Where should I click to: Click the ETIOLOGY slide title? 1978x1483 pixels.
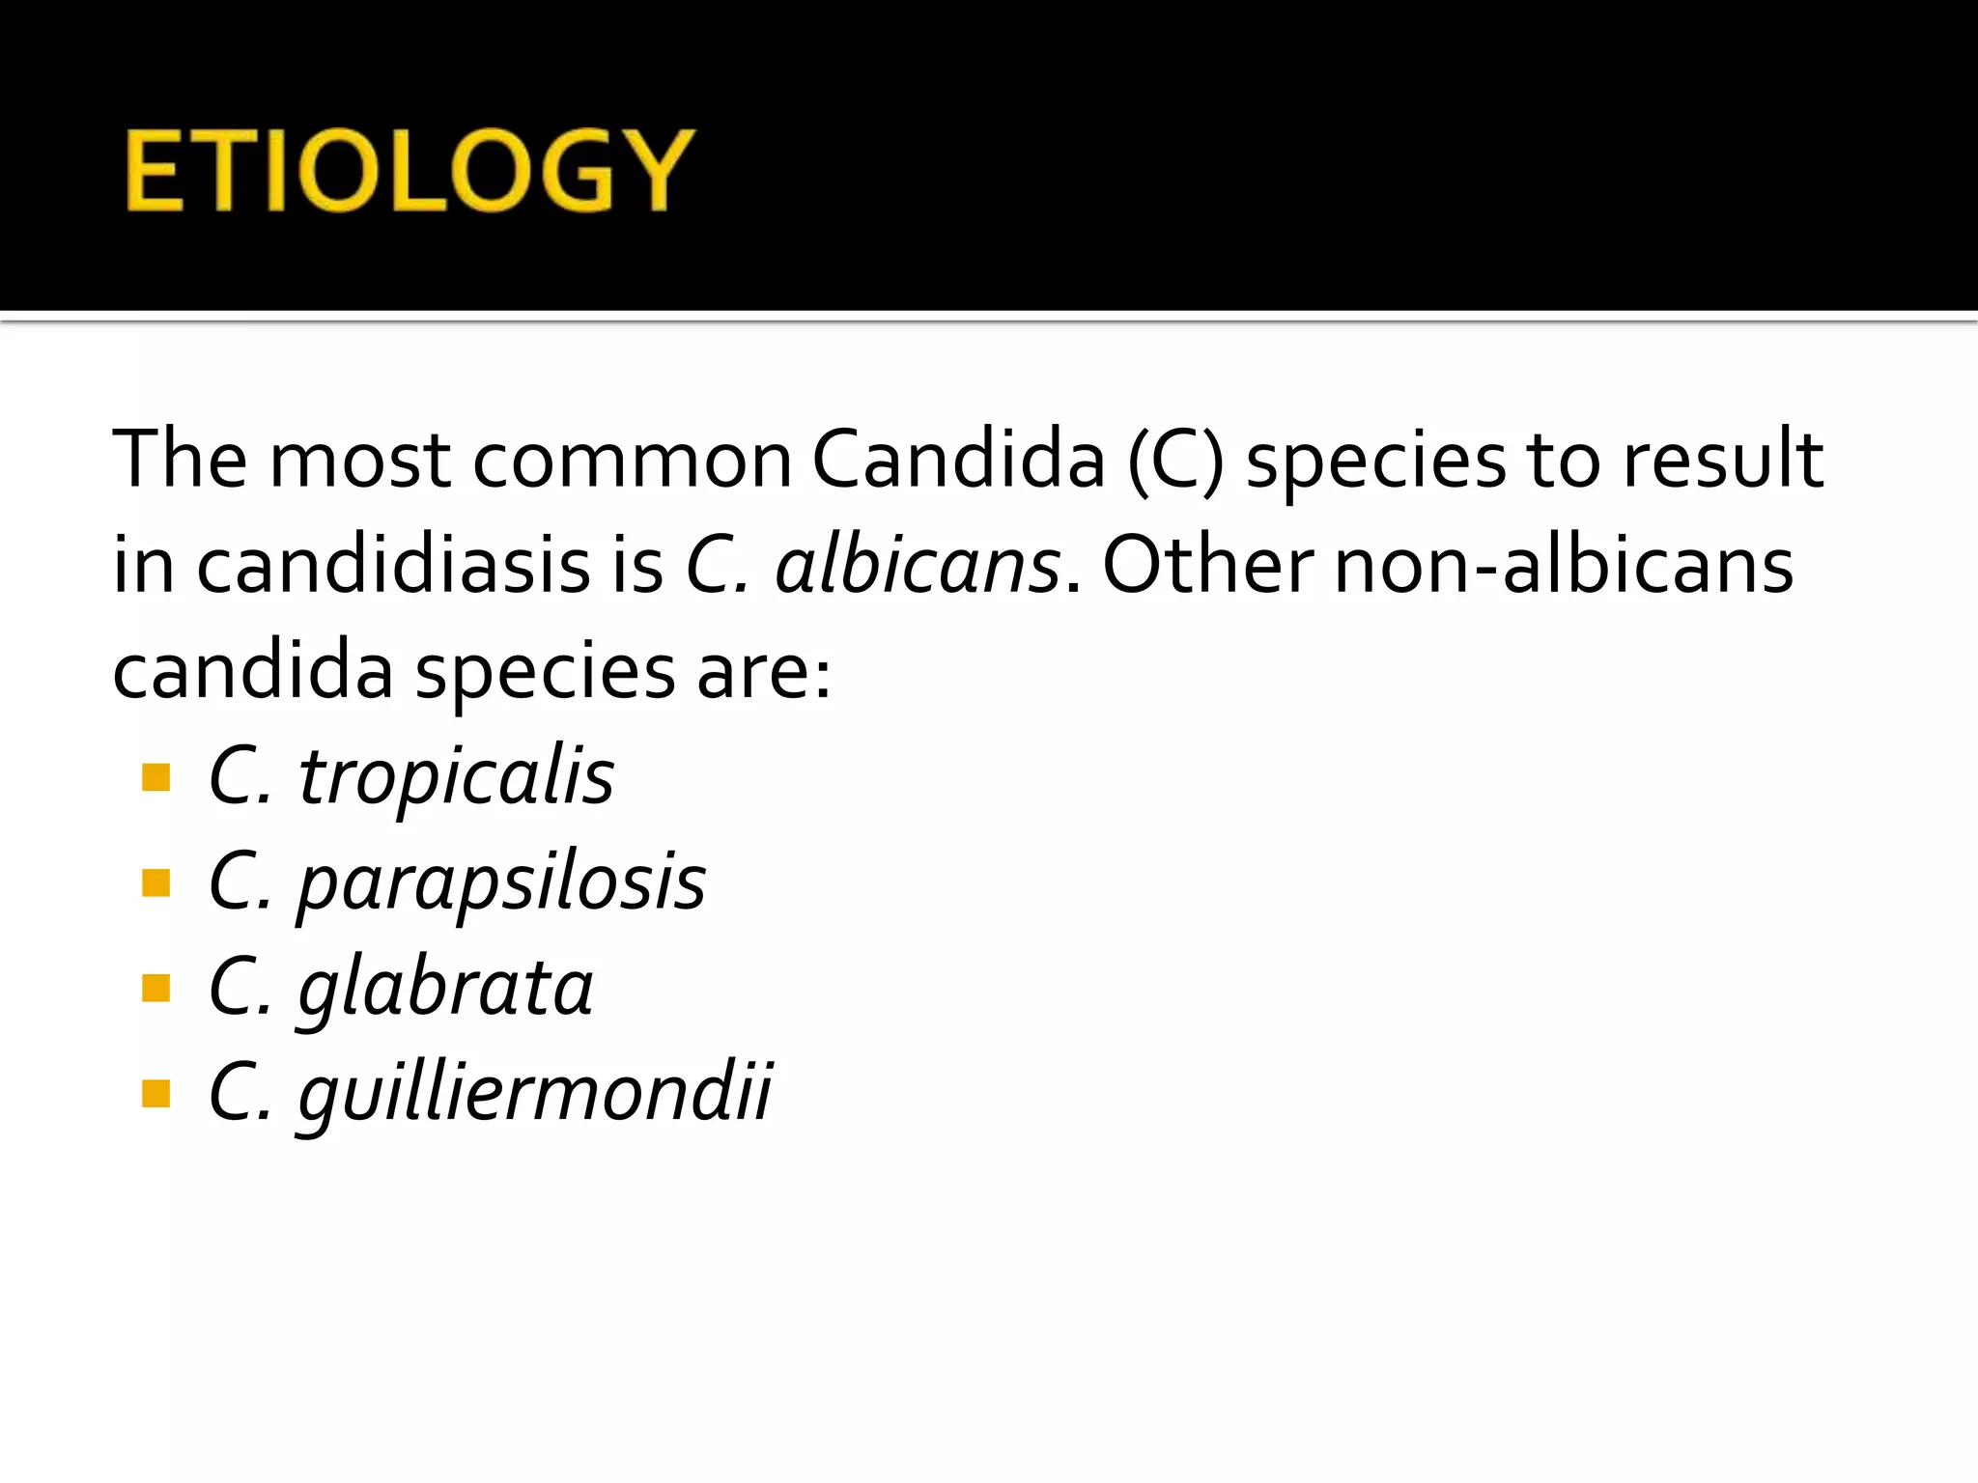[x=410, y=171]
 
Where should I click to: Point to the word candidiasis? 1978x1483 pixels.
[x=393, y=565]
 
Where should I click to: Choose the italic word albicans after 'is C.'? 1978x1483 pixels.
[x=918, y=565]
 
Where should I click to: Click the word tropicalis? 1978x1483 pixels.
[x=456, y=777]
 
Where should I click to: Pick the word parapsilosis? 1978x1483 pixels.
[x=501, y=883]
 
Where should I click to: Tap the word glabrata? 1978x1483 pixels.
[x=445, y=989]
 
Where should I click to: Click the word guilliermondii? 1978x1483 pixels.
[x=535, y=1094]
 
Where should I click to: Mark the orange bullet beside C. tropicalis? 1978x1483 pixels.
[x=155, y=777]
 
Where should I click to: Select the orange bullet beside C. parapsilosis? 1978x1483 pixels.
[x=155, y=883]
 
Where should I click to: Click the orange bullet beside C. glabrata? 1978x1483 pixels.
[x=155, y=989]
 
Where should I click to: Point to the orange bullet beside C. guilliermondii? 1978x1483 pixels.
[x=155, y=1094]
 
